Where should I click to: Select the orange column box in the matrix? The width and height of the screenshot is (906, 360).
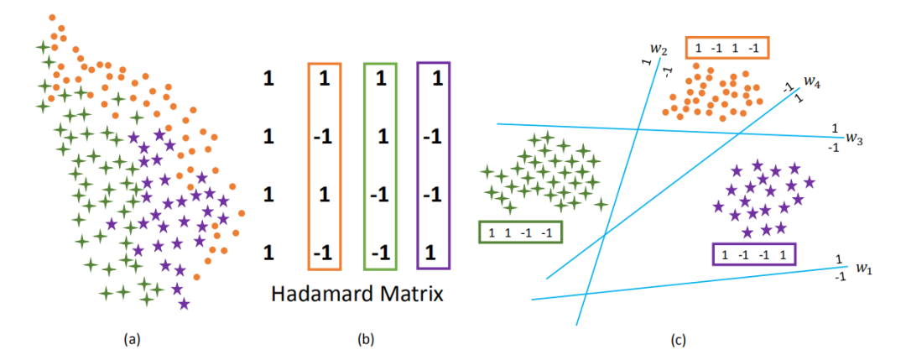(x=323, y=166)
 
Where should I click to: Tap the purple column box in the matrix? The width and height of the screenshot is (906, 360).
(x=433, y=166)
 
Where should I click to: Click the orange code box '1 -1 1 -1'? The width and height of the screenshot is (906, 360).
(x=726, y=49)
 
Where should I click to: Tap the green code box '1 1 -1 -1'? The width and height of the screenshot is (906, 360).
(x=519, y=232)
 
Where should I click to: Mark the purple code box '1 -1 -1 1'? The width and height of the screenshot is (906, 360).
(x=752, y=253)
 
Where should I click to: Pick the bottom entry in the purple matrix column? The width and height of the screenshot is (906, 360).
(x=433, y=251)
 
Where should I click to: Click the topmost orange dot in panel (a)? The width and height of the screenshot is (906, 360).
(x=52, y=17)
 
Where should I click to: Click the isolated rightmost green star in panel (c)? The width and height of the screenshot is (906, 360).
(x=601, y=204)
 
